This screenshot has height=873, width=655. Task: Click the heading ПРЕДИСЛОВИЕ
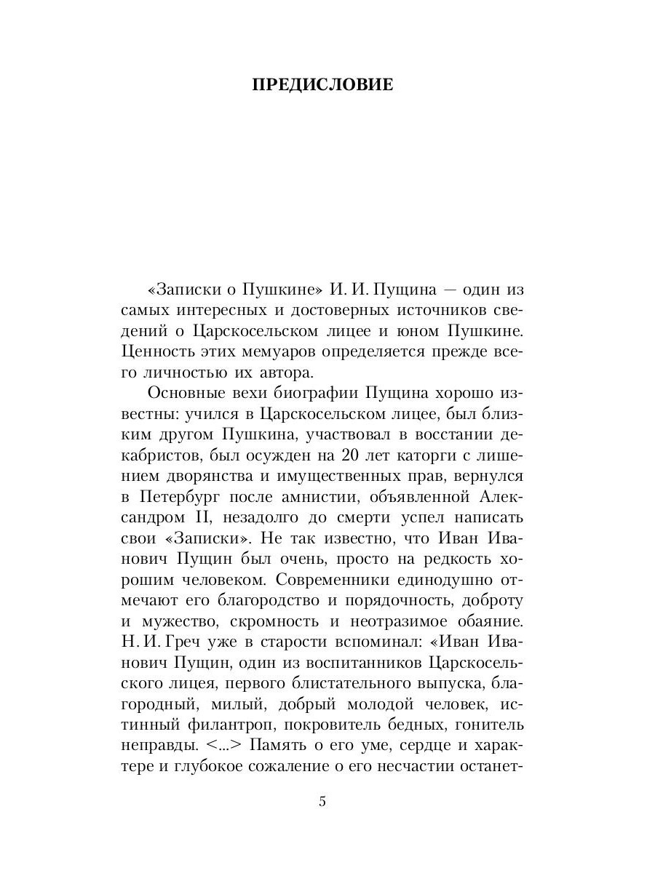pos(322,85)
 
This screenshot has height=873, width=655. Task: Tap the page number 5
pos(322,802)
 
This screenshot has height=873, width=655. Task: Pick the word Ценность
pos(158,351)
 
